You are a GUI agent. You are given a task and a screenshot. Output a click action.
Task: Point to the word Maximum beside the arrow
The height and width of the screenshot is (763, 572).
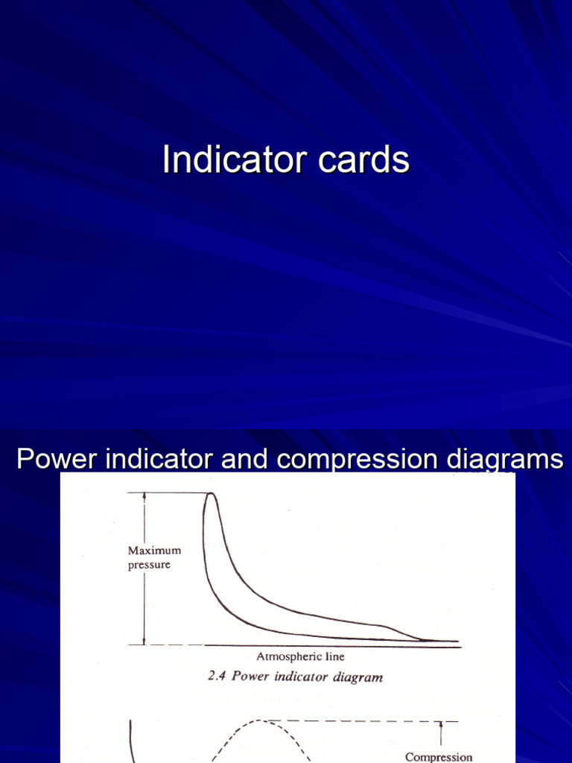(154, 551)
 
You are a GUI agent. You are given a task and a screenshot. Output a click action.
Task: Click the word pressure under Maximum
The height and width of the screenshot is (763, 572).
(149, 565)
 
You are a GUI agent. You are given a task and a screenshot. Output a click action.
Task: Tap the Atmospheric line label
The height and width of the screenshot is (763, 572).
(300, 657)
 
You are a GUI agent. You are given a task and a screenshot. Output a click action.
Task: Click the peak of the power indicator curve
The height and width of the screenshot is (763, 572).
(211, 494)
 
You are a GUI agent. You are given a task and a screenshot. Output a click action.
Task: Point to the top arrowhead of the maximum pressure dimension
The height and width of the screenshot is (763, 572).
(144, 497)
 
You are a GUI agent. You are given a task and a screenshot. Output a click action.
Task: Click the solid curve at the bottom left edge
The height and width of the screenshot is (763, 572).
(132, 738)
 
